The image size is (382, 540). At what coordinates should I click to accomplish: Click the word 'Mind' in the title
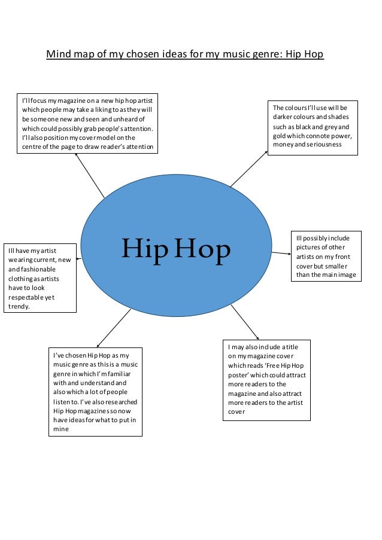click(x=58, y=54)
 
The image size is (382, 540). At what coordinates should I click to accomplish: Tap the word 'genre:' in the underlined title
click(x=265, y=54)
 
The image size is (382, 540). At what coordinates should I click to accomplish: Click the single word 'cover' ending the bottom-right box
click(x=237, y=411)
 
